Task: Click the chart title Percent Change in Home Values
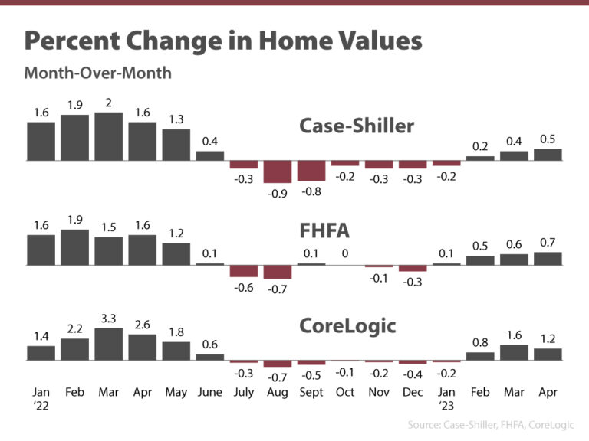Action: [223, 41]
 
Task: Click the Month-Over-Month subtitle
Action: [97, 73]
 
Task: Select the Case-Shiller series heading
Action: [356, 126]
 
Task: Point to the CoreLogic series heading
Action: [347, 326]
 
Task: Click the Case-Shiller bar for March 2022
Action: [108, 137]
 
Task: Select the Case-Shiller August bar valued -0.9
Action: [277, 171]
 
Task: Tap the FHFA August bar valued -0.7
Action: [277, 272]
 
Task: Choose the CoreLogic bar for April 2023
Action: [548, 354]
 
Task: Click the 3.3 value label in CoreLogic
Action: [108, 317]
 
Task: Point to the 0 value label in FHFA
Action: [344, 253]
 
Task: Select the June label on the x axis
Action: [209, 393]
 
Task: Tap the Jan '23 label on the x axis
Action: [446, 399]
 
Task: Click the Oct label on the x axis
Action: [344, 393]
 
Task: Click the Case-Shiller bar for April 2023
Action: [548, 155]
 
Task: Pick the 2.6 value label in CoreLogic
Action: [142, 324]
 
